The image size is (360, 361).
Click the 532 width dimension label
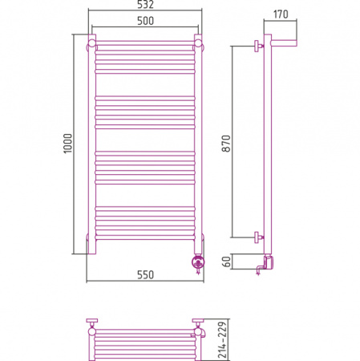(145, 5)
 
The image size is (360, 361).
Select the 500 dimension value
(145, 21)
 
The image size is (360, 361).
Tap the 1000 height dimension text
(67, 144)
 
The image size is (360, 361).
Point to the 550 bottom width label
(145, 275)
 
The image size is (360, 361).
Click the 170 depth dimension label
(281, 14)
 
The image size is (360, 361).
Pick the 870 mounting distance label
(226, 144)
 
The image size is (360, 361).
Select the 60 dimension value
(226, 262)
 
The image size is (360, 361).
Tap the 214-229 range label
(222, 340)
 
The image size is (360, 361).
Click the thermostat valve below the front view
(198, 262)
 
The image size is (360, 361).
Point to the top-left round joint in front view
(91, 43)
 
